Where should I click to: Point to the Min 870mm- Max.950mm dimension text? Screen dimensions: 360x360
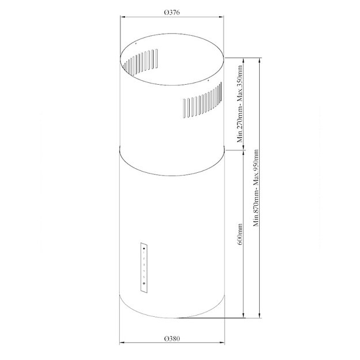(x=255, y=188)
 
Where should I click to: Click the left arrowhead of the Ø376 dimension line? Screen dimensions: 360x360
(x=122, y=17)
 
